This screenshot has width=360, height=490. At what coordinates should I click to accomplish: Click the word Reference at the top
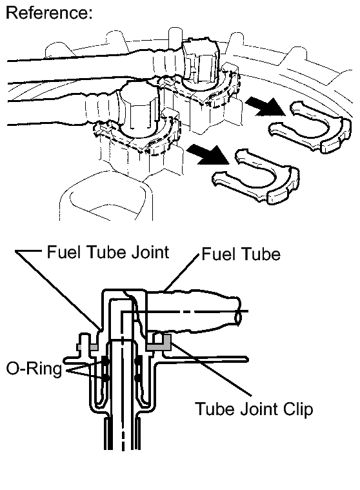(x=49, y=13)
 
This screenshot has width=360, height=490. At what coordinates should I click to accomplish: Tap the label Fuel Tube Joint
(x=108, y=252)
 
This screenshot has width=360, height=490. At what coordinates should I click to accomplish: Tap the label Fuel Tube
(x=241, y=254)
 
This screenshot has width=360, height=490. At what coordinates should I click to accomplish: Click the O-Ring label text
(x=34, y=369)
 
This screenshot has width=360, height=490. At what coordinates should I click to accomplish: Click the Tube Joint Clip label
(x=254, y=409)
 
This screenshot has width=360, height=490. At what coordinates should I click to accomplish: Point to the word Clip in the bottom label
(x=297, y=409)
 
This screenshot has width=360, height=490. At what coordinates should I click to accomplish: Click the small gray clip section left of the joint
(x=88, y=347)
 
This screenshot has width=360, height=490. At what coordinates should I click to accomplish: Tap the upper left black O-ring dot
(x=106, y=362)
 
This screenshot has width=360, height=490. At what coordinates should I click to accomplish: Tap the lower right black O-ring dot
(x=137, y=378)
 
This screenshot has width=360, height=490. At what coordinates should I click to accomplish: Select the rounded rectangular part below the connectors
(x=106, y=201)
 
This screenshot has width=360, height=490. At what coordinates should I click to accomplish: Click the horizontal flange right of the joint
(x=203, y=360)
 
